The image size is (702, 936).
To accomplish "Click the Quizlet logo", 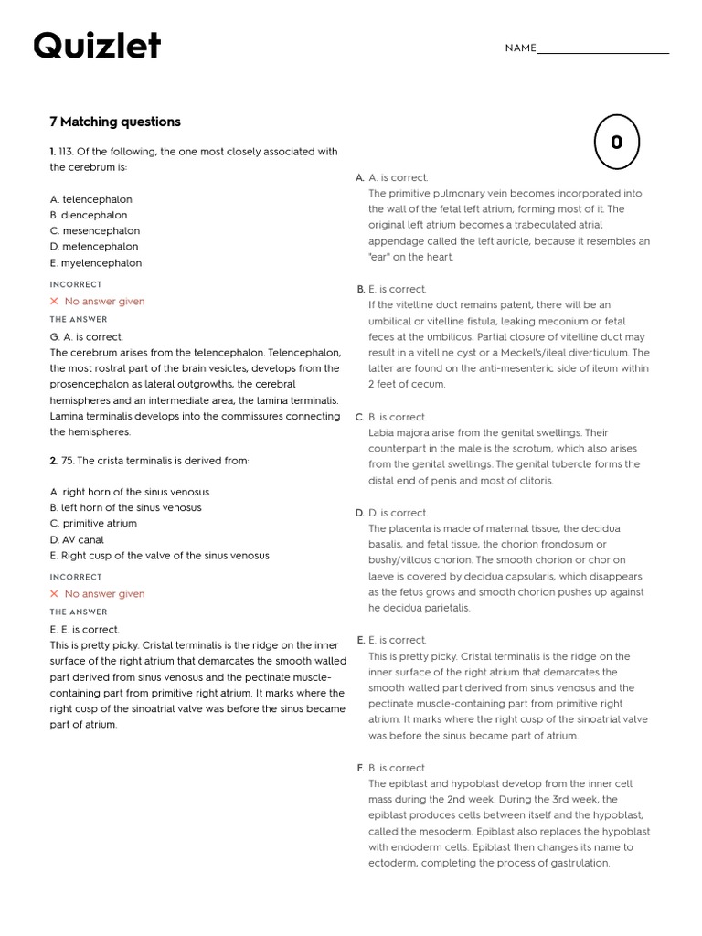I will click(x=97, y=46).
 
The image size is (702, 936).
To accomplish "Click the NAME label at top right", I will click(x=520, y=48).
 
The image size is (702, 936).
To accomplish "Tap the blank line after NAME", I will click(x=602, y=50).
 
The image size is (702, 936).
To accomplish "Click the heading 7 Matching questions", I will click(x=115, y=122).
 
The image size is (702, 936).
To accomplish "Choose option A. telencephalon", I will click(x=91, y=199).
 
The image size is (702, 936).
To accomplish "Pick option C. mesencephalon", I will click(x=95, y=231).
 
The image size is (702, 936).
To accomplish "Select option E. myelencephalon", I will click(x=96, y=263).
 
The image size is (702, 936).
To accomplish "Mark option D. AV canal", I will click(x=77, y=540).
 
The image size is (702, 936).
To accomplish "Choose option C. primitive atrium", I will click(x=93, y=524).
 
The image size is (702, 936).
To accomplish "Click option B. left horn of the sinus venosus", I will click(x=126, y=507).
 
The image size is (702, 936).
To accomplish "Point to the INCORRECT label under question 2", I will click(x=76, y=578).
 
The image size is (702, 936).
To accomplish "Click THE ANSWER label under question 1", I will click(x=79, y=320).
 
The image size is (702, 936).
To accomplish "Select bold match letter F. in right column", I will click(x=360, y=768).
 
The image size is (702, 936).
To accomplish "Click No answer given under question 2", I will click(x=104, y=594).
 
